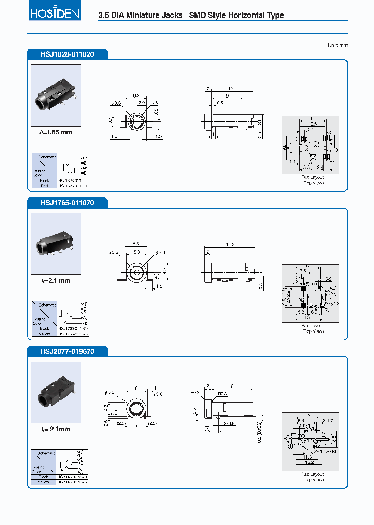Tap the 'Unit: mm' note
pos(338,45)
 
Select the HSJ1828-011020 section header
pos(67,54)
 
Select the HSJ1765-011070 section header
pos(67,203)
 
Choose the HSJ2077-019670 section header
pos(67,351)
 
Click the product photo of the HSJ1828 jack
pos(56,95)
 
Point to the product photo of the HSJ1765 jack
pos(56,244)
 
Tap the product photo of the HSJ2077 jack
pos(56,393)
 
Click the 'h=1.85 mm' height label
pos(56,132)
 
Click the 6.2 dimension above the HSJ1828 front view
pos(137,95)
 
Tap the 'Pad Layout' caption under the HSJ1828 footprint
pos(313,177)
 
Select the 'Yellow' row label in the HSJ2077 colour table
pos(43,482)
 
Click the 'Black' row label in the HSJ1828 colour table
pos(44,180)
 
